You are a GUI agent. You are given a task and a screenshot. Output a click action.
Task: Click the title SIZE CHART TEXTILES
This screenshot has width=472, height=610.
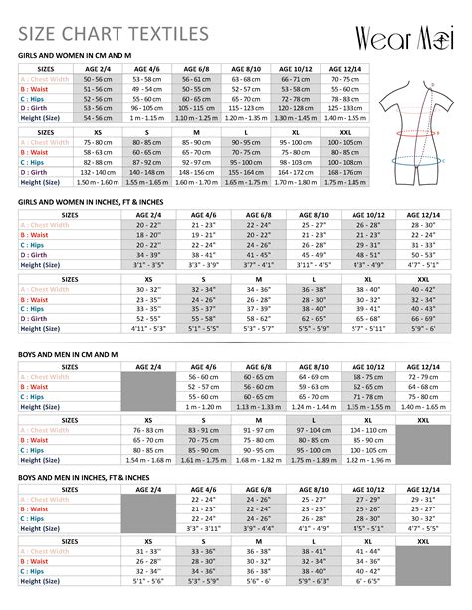(x=115, y=36)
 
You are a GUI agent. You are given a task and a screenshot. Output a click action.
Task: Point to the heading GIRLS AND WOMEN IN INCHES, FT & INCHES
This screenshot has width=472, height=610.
(x=109, y=202)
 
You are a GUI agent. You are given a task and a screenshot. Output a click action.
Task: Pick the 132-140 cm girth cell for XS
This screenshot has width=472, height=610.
(x=97, y=172)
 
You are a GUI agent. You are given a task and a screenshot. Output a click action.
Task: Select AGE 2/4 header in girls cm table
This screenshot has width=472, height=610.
(x=97, y=67)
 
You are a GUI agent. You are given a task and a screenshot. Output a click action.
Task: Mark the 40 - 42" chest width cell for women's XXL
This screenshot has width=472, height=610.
(x=420, y=289)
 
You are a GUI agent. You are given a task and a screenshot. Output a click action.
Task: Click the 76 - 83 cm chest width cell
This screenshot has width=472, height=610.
(x=148, y=429)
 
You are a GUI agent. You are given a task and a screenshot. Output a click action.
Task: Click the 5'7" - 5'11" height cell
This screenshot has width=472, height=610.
(x=365, y=327)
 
